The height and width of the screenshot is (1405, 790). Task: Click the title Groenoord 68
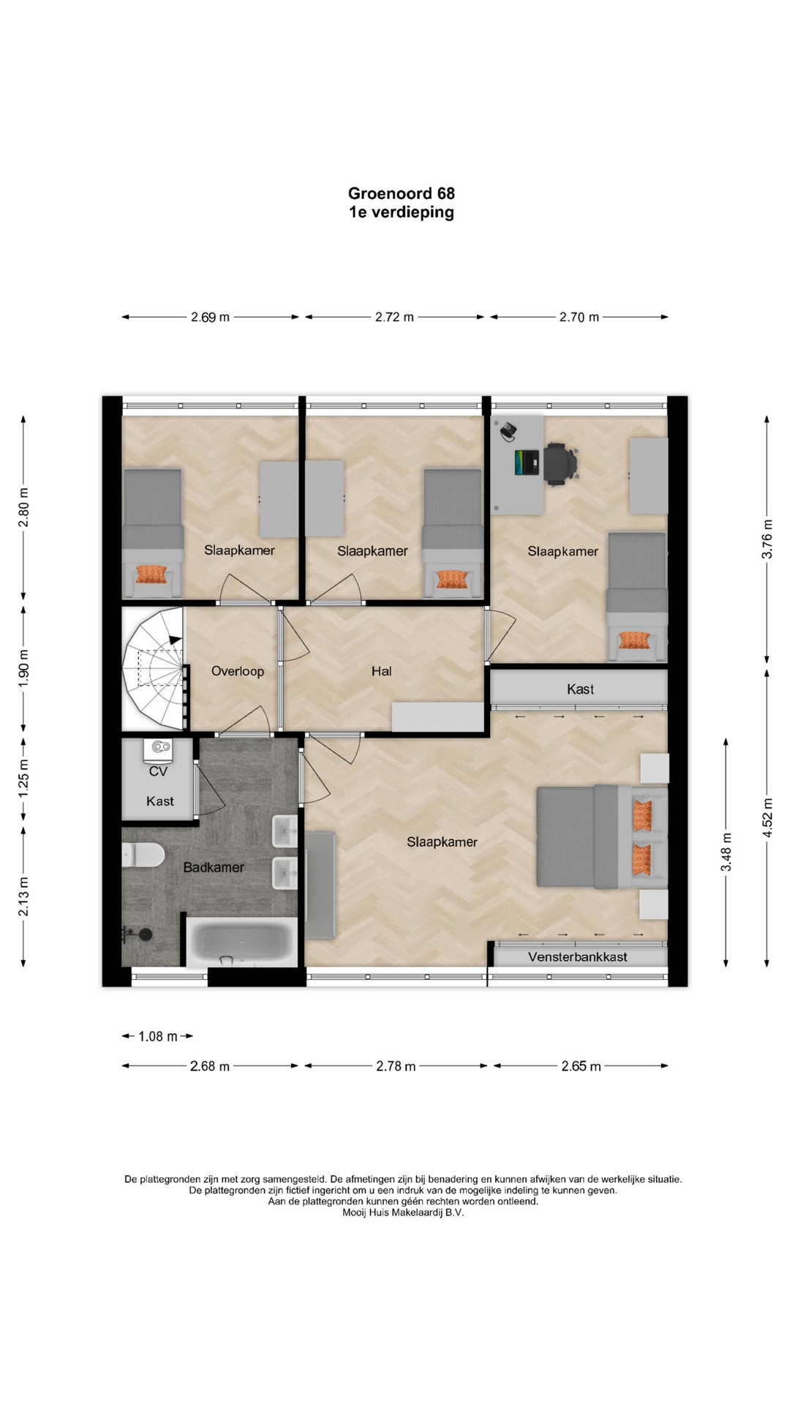coord(401,193)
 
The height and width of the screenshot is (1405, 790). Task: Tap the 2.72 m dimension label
coord(394,317)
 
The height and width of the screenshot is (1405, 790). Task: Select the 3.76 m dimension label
coord(767,539)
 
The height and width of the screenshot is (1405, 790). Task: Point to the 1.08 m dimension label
coord(158,1036)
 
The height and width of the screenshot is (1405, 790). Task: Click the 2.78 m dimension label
coord(396,1066)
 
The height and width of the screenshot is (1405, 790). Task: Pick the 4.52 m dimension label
coord(767,817)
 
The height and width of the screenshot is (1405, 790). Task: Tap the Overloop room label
coord(238,671)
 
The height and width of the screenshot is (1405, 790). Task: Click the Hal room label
coord(381,671)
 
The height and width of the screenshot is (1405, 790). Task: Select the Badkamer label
coord(214,867)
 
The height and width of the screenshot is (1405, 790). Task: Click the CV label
coord(158,771)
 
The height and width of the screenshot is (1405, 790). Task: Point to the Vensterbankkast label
coord(578,956)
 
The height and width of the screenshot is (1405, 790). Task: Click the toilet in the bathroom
coord(142,855)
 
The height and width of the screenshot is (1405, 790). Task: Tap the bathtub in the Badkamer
coord(242,942)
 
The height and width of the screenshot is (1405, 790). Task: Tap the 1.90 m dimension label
coord(23,669)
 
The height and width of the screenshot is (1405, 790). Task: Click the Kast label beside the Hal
coord(580,689)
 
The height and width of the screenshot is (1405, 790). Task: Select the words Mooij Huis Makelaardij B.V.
coord(403,1213)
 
